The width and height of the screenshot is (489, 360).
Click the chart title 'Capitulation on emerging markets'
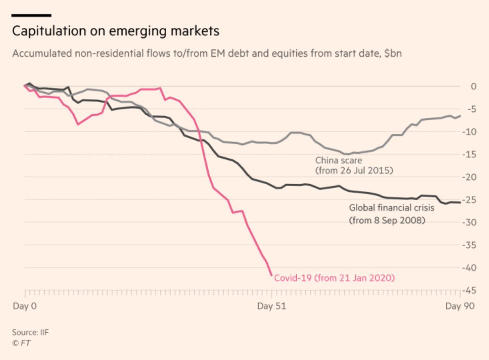pos(116,31)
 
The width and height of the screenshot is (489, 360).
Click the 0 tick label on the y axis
pos(473,86)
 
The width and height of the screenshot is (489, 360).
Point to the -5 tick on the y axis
pos(471,109)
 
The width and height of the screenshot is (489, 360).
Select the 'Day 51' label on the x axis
pos(271,307)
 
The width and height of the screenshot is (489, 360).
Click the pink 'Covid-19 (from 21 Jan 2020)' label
pos(335,278)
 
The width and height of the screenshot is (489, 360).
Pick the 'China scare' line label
pos(339,161)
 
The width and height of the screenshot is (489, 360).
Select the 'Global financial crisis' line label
pos(392,208)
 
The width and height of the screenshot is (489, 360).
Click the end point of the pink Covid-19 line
pos(272,275)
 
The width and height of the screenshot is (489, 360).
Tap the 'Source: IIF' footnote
pos(31,332)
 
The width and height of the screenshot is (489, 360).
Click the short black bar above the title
pos(31,15)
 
